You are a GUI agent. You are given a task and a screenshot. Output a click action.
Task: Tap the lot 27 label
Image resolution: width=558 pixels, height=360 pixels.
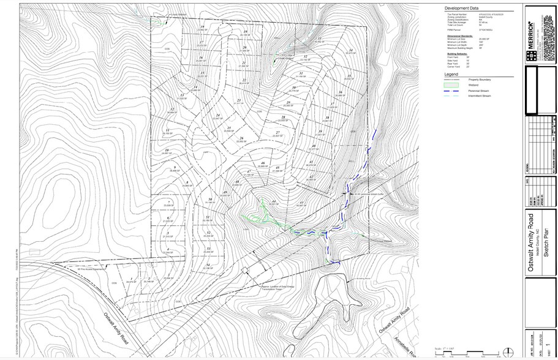[x=277, y=132]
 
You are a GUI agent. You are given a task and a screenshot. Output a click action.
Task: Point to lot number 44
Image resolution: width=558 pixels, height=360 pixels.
[x=274, y=201]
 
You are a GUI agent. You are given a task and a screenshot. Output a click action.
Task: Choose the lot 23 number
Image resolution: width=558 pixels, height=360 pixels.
[x=239, y=100]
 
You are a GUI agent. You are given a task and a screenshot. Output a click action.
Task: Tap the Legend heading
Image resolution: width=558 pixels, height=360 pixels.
[x=451, y=74]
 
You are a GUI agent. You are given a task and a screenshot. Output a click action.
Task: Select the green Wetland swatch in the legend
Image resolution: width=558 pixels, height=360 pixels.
[x=451, y=85]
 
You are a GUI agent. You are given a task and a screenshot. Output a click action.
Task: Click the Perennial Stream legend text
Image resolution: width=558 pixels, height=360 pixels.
[x=480, y=91]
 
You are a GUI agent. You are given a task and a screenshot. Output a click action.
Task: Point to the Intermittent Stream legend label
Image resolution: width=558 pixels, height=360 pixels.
[x=481, y=96]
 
